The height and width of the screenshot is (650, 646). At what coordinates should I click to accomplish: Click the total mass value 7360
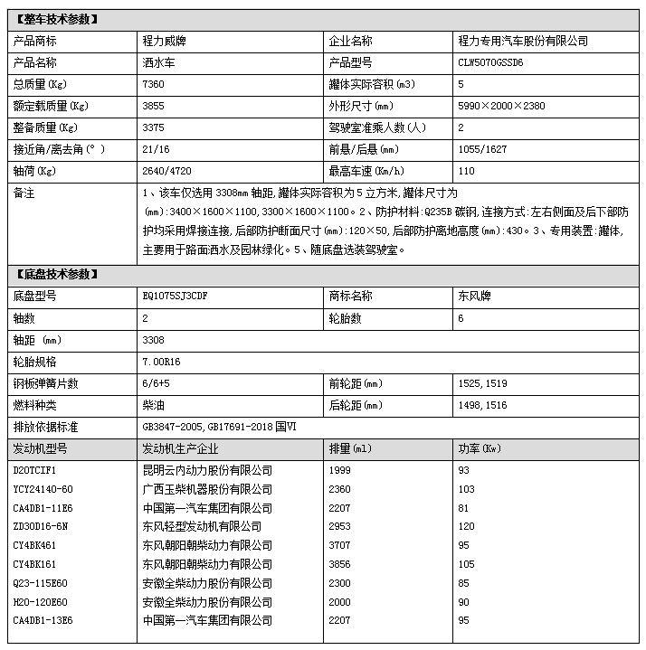(x=155, y=84)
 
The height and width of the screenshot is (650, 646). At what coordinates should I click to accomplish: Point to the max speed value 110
(x=467, y=170)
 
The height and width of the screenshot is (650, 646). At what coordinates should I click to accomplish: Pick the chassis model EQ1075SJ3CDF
(x=181, y=297)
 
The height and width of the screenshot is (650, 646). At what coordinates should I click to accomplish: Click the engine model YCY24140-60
(x=43, y=489)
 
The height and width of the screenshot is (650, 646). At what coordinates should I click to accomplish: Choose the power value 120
(x=467, y=525)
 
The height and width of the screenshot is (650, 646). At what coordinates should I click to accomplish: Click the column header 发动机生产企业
(x=185, y=448)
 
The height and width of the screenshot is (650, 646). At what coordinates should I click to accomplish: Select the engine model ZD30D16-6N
(x=41, y=525)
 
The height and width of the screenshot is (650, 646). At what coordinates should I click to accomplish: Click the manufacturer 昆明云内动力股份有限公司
(x=206, y=471)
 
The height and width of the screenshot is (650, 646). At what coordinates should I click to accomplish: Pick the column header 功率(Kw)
(x=480, y=448)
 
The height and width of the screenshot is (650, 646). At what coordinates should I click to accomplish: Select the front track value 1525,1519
(x=483, y=383)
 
